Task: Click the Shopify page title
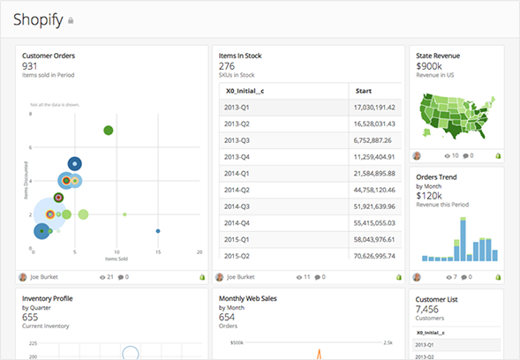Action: tap(38, 19)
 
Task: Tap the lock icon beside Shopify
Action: tap(72, 20)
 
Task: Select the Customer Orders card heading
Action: tap(48, 56)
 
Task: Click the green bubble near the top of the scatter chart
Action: tap(109, 131)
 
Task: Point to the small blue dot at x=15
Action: tap(158, 231)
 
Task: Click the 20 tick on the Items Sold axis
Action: tap(200, 252)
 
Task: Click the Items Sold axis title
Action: tap(117, 259)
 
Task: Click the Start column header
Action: tap(363, 90)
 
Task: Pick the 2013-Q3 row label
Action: tap(237, 139)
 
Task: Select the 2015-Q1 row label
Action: tap(237, 239)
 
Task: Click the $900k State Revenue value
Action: tap(429, 66)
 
